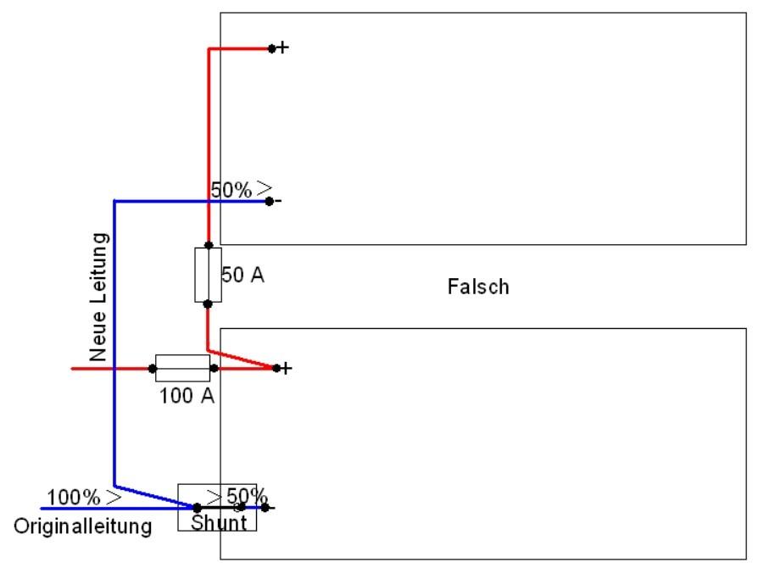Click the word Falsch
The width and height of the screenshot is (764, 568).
pos(478,287)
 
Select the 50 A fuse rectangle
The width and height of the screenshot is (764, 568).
pos(208,275)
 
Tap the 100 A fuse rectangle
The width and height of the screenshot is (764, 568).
pos(183,368)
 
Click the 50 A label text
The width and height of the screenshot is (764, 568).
pos(243,275)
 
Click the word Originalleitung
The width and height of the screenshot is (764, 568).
pos(83,526)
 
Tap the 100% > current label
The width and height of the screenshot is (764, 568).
pos(84,496)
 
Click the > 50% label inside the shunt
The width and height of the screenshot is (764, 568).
pos(237,495)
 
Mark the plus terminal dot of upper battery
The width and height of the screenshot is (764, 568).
pos(271,48)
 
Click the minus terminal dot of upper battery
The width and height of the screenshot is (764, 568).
pos(269,201)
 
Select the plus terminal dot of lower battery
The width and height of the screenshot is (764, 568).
pos(275,368)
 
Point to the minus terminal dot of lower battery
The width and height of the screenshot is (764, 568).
pos(265,508)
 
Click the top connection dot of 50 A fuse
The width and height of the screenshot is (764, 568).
pos(208,245)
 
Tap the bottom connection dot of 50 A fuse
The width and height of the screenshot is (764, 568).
pos(208,303)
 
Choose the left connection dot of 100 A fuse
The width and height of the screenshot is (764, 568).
pos(153,368)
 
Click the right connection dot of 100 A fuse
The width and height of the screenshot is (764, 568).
pos(214,368)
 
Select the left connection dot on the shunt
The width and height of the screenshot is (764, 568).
pos(198,508)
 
